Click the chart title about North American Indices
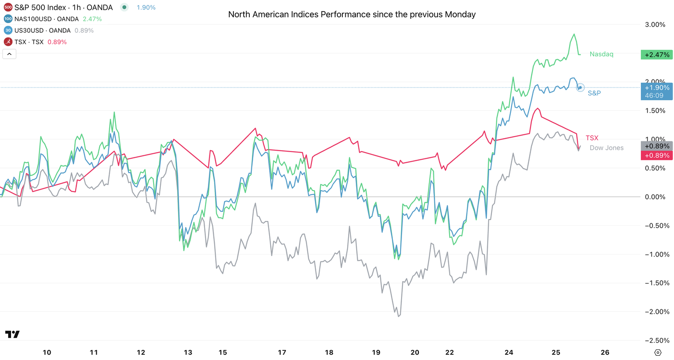(351, 14)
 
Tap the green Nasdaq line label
(601, 54)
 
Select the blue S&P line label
(594, 93)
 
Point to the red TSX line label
(592, 138)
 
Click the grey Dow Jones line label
(606, 148)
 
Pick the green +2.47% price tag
(655, 55)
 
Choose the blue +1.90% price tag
(655, 88)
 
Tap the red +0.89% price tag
(655, 155)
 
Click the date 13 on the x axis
(187, 352)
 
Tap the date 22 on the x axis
(450, 352)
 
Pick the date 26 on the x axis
(605, 352)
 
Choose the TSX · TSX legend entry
(29, 42)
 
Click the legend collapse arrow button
(9, 54)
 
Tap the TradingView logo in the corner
(12, 334)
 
